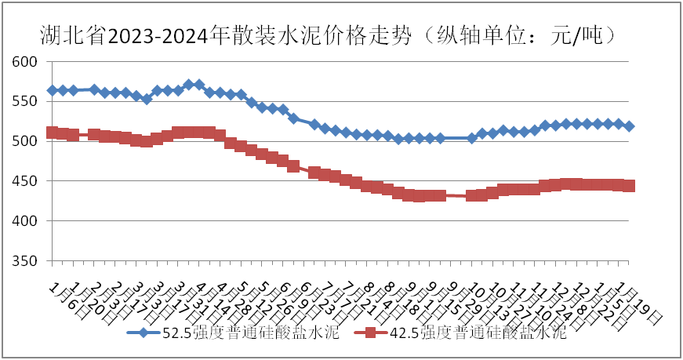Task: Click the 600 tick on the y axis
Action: click(26, 61)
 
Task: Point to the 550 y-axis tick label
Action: click(26, 101)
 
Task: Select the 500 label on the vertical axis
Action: click(26, 141)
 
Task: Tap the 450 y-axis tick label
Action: click(26, 181)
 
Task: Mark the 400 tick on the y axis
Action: click(26, 221)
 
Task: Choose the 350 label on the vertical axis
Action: click(26, 260)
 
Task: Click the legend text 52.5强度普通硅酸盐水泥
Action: click(249, 333)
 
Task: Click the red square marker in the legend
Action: click(372, 333)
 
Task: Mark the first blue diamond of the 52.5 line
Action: click(53, 90)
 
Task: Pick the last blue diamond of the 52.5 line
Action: click(630, 126)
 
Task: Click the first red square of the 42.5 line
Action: click(53, 133)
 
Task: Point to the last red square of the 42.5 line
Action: click(630, 186)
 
